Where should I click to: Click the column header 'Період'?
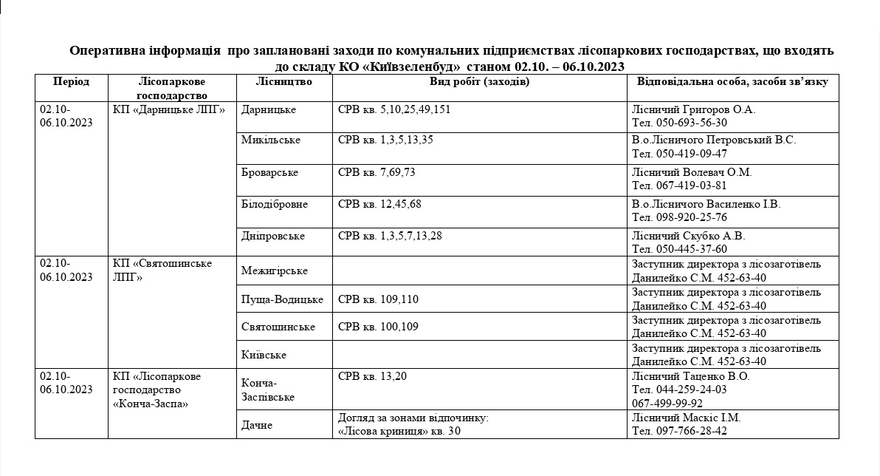pos(71,81)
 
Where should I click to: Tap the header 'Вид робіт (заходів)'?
pos(479,81)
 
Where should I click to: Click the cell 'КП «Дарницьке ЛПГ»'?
pos(168,109)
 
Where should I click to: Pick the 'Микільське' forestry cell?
pos(271,140)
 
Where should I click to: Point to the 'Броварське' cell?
pos(269,172)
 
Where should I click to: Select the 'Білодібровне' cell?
pos(275,204)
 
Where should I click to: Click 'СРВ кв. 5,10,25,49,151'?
pos(393,109)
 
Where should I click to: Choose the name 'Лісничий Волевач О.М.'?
pos(692,172)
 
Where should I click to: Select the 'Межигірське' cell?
pos(274,271)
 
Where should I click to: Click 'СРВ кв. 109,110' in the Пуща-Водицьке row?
pos(378,299)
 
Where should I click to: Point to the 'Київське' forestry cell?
pos(264,355)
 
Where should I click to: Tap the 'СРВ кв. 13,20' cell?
pos(372,376)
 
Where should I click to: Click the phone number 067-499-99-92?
pos(667,404)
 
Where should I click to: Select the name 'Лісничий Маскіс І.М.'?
pos(686,418)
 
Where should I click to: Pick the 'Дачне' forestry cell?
pos(257,425)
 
